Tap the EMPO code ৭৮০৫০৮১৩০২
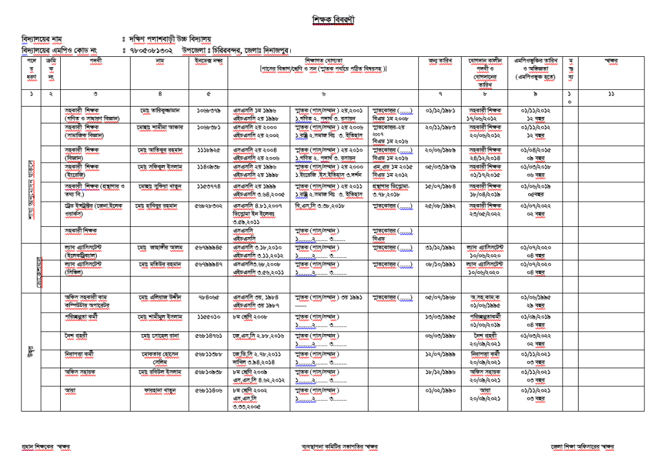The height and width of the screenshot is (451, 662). point(151,50)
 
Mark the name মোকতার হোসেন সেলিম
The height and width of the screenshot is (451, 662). point(160,358)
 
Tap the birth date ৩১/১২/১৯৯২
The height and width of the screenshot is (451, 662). point(439,247)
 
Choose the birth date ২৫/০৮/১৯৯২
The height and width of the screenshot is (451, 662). point(439,206)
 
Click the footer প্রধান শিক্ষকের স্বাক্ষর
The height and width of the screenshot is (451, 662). point(46,446)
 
